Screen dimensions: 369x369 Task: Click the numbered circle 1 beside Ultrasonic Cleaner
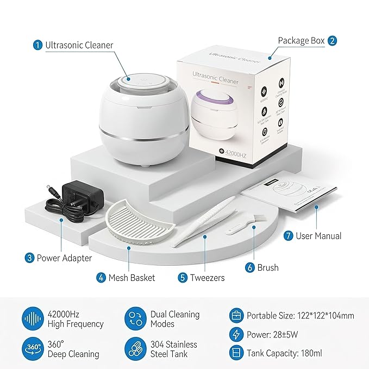pyautogui.click(x=37, y=45)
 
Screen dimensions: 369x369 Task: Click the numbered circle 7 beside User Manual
pyautogui.click(x=288, y=236)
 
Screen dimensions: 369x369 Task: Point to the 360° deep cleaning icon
pyautogui.click(x=33, y=348)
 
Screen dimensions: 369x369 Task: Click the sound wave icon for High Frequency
pyautogui.click(x=33, y=319)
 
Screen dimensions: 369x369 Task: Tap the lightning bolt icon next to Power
pyautogui.click(x=237, y=334)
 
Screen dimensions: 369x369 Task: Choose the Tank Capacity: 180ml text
pyautogui.click(x=285, y=353)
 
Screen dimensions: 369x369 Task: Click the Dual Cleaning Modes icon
pyautogui.click(x=134, y=319)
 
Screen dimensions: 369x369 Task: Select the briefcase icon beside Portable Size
pyautogui.click(x=237, y=315)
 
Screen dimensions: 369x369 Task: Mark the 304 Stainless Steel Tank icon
pyautogui.click(x=134, y=348)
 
